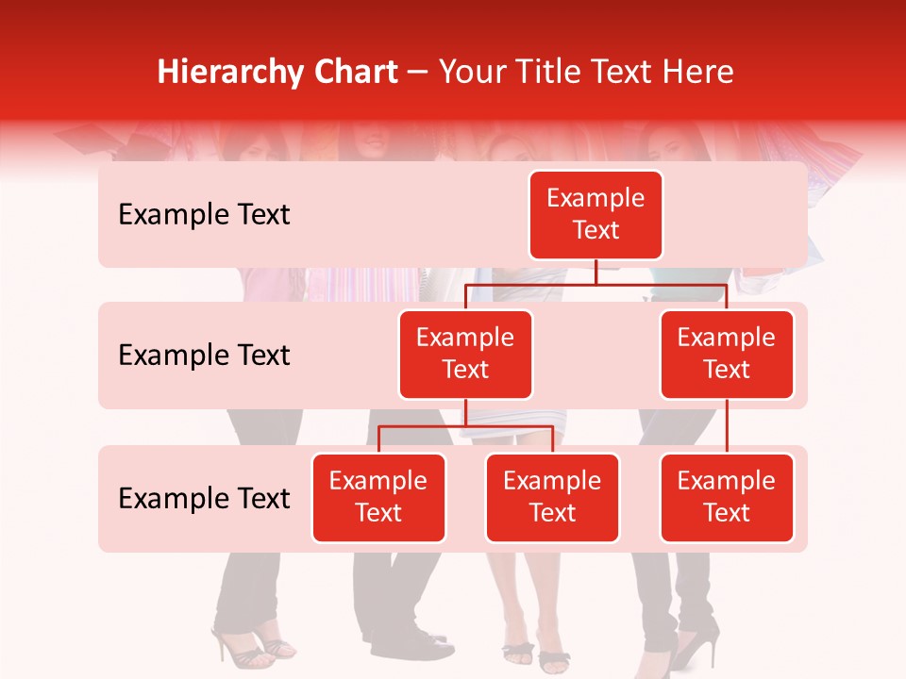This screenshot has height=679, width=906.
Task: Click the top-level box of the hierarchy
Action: [x=596, y=215]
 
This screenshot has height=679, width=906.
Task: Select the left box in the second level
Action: [x=465, y=355]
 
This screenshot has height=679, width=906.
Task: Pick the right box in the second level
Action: [x=727, y=355]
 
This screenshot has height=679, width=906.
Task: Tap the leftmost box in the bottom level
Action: [x=378, y=498]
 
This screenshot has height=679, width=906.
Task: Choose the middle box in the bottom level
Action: [x=552, y=498]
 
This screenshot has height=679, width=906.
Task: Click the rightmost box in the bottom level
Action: [x=727, y=498]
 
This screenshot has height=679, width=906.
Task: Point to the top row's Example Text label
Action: [x=204, y=215]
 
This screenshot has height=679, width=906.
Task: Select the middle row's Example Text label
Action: [x=204, y=356]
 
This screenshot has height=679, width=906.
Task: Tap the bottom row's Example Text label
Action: [x=204, y=499]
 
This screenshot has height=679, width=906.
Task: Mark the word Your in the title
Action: [x=470, y=72]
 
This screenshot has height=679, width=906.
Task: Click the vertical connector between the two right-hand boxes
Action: [x=727, y=426]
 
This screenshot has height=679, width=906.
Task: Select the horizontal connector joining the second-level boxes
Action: [x=596, y=284]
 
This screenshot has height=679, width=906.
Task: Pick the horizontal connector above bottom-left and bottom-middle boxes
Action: [x=465, y=426]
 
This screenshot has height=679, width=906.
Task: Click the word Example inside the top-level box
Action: [x=596, y=198]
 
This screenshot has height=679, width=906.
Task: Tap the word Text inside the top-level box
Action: [x=596, y=231]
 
